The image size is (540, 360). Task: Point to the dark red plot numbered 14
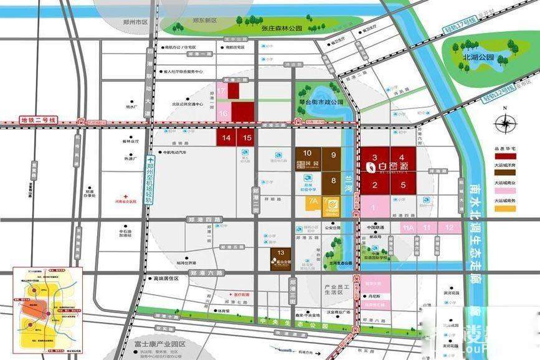[x=225, y=138]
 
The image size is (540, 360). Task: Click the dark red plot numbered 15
[x=247, y=138]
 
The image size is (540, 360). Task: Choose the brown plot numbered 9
[x=333, y=155]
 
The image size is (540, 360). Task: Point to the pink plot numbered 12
[x=449, y=229]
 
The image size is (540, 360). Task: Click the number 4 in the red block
[x=403, y=158]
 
